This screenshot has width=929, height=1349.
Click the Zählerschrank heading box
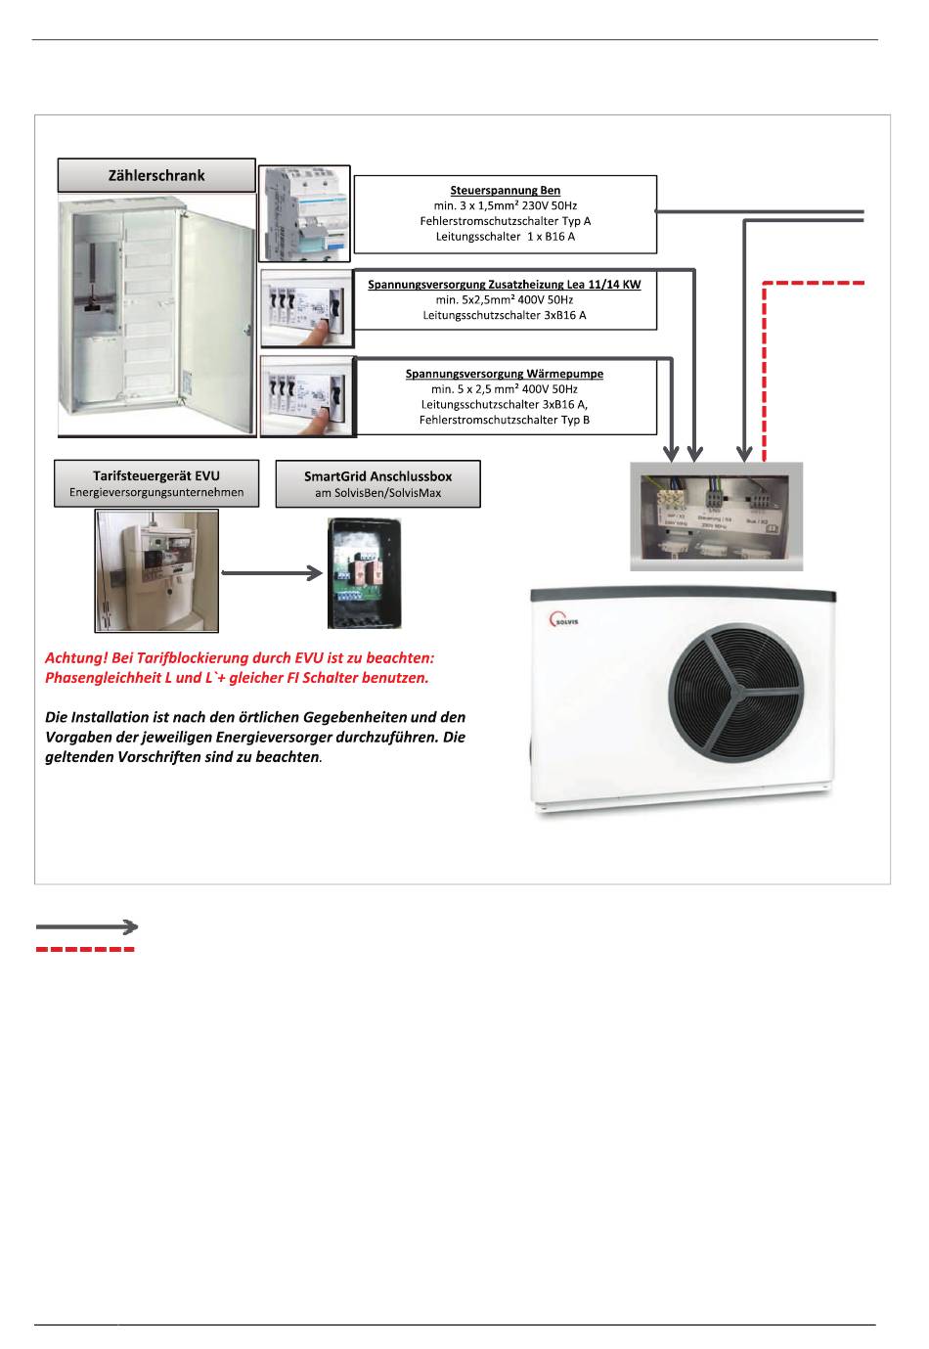(156, 176)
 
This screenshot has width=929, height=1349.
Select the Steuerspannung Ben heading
(505, 191)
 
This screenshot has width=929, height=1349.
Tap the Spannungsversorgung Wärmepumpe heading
(505, 374)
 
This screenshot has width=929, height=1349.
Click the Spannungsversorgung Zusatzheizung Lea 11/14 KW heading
(505, 285)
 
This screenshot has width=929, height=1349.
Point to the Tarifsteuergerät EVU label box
(156, 483)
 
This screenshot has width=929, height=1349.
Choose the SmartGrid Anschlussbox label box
(377, 484)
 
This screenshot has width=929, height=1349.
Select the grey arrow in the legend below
(86, 925)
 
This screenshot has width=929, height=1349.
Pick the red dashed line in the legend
(86, 949)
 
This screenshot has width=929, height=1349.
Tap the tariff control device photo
(156, 570)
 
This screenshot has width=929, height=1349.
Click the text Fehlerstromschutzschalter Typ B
(505, 420)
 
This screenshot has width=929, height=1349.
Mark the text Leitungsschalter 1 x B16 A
(505, 237)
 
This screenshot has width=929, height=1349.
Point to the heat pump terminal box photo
(715, 516)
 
